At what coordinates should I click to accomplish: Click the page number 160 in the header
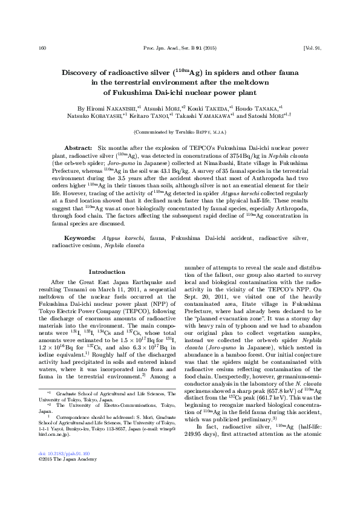(42, 48)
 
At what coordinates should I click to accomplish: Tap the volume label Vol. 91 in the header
(306, 48)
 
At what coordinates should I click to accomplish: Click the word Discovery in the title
(85, 72)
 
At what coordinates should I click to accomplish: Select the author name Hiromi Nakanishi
(100, 107)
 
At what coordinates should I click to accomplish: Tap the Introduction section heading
(106, 272)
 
